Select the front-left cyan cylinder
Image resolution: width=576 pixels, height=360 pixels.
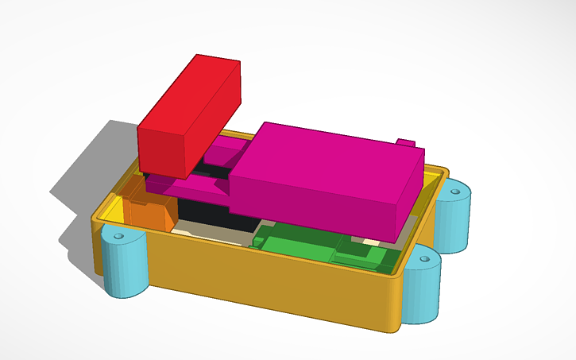point(126,262)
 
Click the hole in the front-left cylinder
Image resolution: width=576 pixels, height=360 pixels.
point(119,236)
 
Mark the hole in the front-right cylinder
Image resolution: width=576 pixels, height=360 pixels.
point(423,258)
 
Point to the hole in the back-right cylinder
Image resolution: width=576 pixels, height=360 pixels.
point(458,191)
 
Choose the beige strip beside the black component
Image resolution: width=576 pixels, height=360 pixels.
point(215,235)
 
